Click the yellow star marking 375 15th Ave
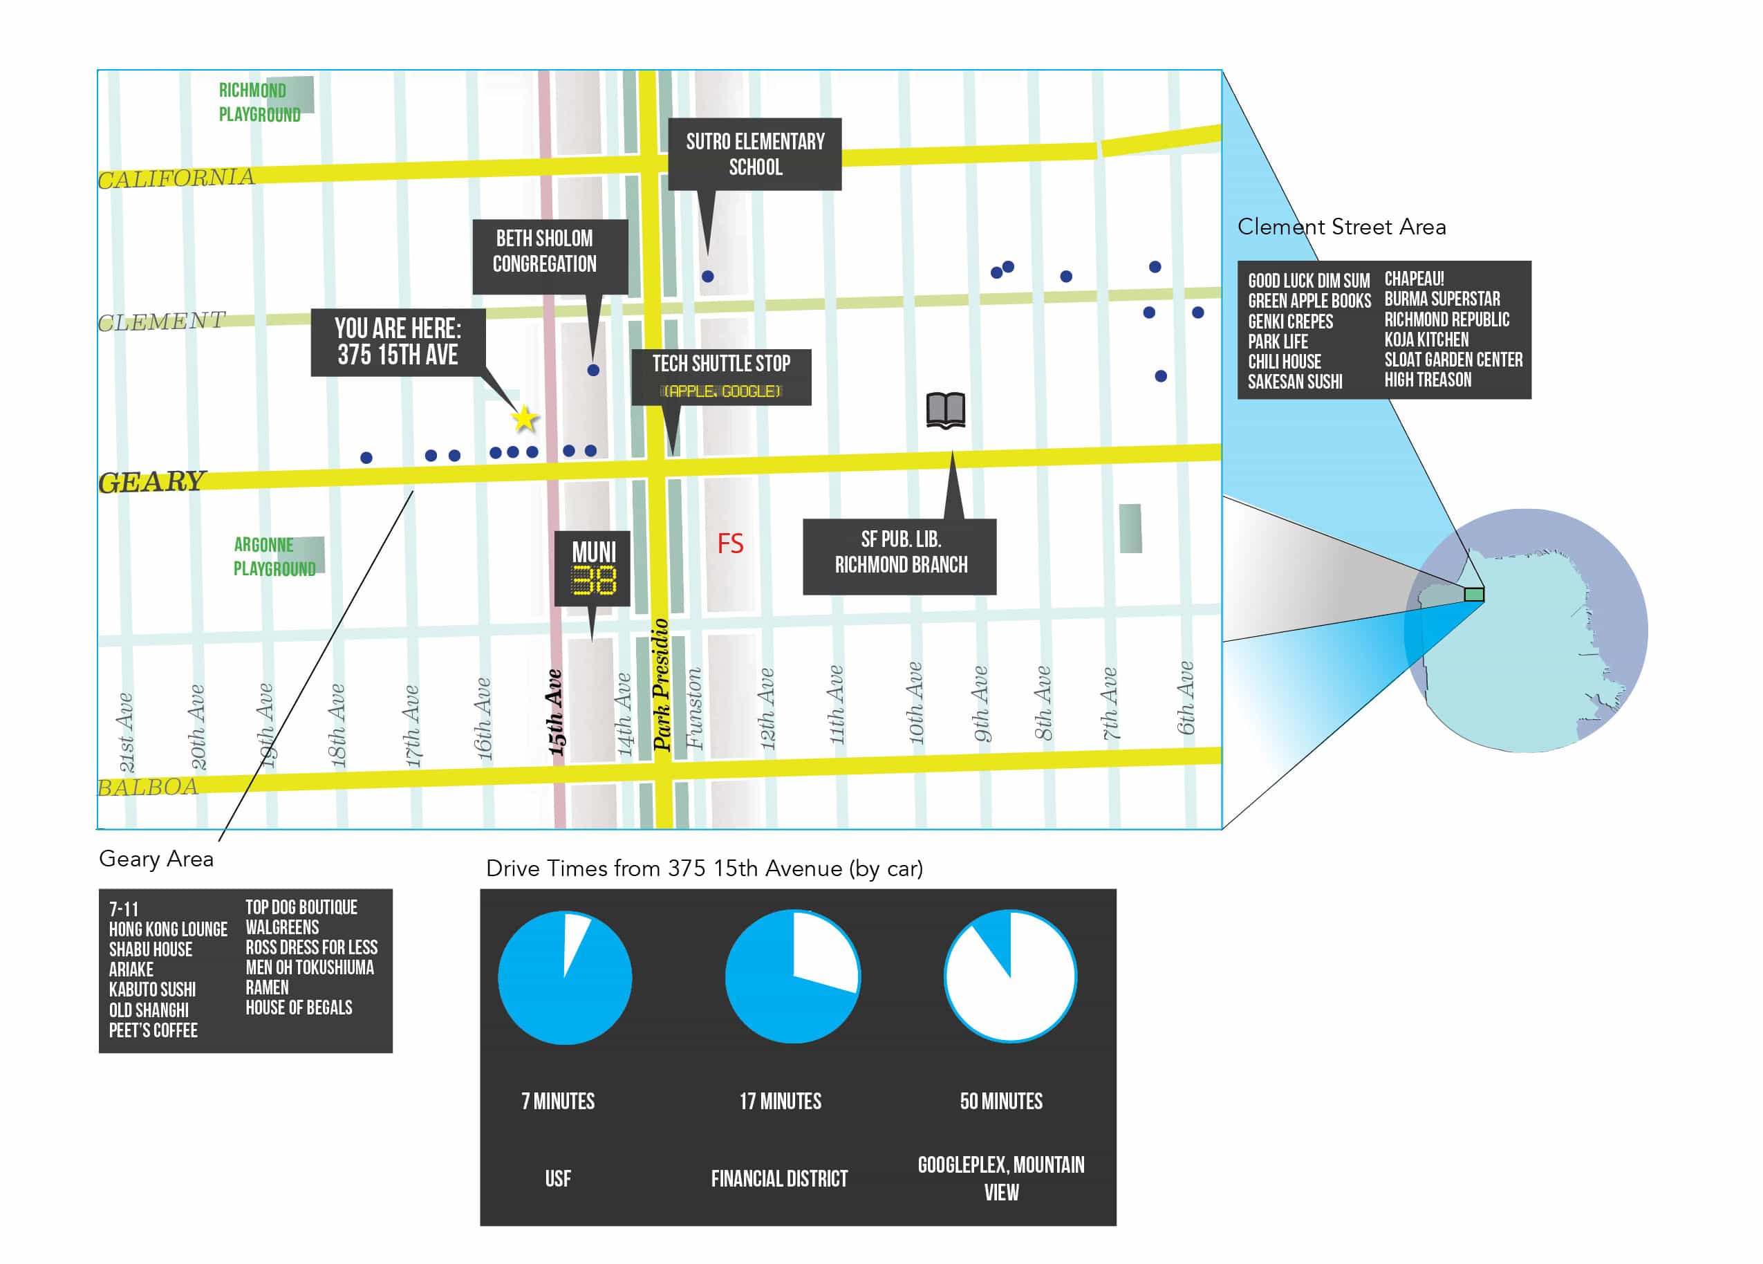(525, 419)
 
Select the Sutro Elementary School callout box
(754, 154)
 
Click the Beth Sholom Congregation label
(544, 251)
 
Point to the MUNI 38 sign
(593, 568)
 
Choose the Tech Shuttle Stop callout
(720, 376)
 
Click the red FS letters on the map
(729, 543)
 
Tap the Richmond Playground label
(259, 102)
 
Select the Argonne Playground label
(274, 557)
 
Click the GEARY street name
(151, 482)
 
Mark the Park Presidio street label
(661, 684)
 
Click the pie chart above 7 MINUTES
(564, 976)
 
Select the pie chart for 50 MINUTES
(1010, 976)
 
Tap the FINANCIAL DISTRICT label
(779, 1178)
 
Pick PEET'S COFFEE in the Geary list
(153, 1030)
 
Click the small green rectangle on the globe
(1473, 595)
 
